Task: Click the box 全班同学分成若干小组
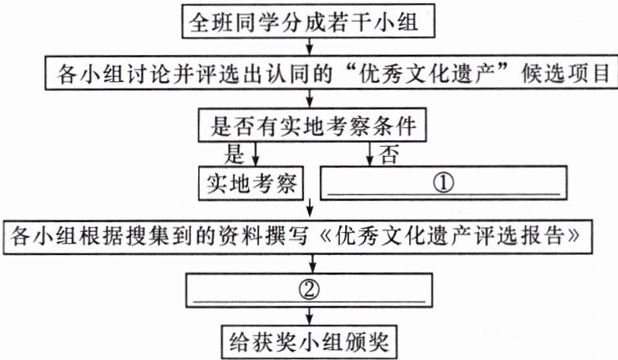click(x=307, y=21)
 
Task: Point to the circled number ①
click(x=443, y=180)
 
